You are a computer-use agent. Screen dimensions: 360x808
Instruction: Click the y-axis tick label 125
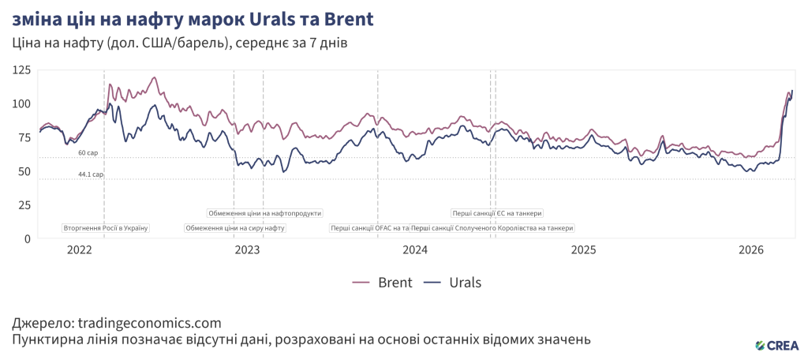(x=21, y=70)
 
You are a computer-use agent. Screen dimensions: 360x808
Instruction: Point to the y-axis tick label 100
(x=21, y=104)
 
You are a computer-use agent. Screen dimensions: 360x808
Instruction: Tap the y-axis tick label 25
(x=24, y=205)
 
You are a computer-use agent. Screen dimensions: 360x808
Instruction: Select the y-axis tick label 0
(x=28, y=238)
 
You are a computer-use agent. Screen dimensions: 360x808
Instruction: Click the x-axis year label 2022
(x=80, y=250)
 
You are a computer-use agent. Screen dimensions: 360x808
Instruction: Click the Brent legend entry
(x=383, y=283)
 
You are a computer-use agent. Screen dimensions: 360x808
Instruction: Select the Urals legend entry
(x=452, y=283)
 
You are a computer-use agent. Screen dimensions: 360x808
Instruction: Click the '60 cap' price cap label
(x=88, y=152)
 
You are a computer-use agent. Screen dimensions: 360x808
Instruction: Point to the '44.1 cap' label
(x=91, y=174)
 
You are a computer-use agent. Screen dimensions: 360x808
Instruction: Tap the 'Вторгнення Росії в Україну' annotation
(x=106, y=228)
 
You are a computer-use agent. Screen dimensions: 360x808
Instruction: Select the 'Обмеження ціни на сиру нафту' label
(x=235, y=228)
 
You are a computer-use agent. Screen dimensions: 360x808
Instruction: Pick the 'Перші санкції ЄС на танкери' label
(x=497, y=213)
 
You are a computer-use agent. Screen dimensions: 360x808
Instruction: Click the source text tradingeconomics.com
(x=147, y=323)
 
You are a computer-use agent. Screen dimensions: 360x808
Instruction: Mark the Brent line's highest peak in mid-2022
(x=154, y=77)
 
